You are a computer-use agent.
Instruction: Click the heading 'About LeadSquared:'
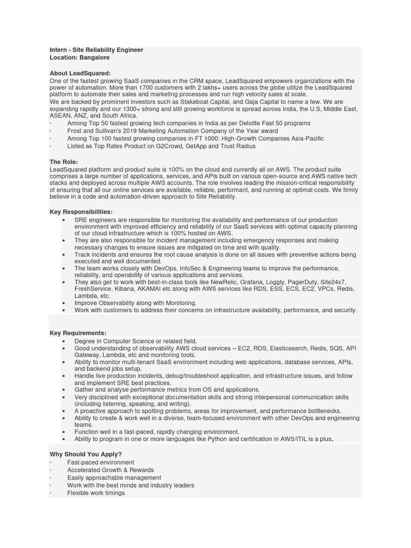[80, 73]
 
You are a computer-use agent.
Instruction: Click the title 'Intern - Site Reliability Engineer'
[96, 50]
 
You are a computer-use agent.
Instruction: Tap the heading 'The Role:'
[64, 162]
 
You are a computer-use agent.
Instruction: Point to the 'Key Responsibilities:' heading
[81, 212]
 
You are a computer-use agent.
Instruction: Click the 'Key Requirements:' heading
[78, 333]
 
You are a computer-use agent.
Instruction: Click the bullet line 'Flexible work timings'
[96, 493]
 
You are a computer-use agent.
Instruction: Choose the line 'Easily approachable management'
[114, 477]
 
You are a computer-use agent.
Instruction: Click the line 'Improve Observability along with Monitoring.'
[135, 302]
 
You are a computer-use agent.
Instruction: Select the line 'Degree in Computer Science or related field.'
[136, 341]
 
